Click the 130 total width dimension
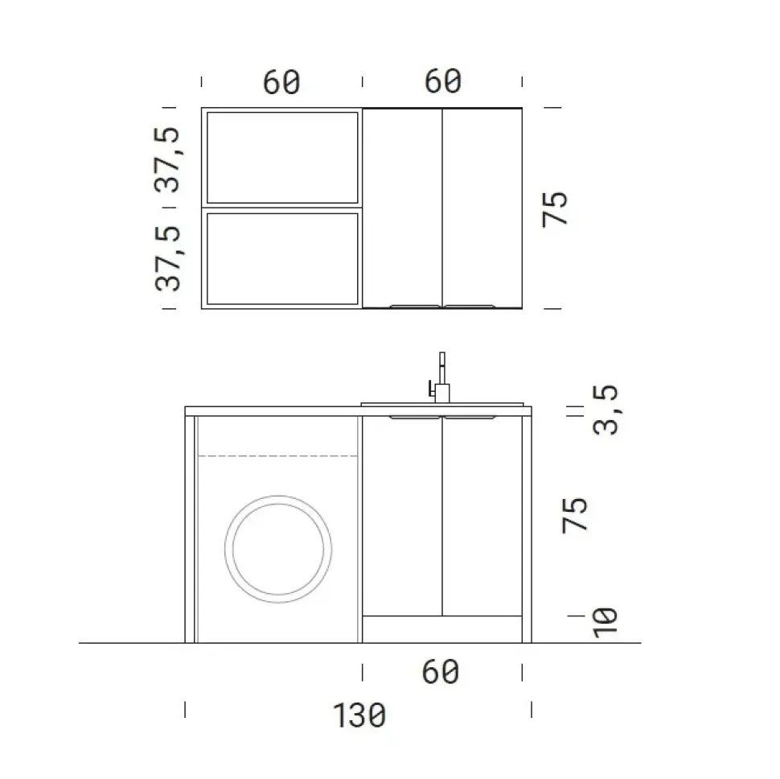359,715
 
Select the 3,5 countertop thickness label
608,410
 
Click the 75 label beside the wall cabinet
556,209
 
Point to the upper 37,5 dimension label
170,159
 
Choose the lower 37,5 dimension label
170,258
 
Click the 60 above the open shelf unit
281,82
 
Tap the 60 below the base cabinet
441,671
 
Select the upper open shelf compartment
281,157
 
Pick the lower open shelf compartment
281,258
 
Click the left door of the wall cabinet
402,205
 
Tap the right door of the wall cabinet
482,205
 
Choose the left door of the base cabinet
402,515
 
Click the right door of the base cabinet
482,515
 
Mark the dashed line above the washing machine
278,456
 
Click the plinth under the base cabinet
441,630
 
